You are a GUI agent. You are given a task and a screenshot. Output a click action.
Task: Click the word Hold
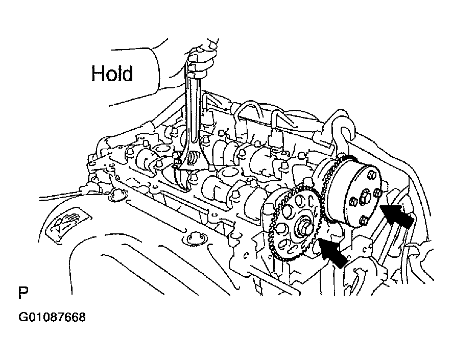112,74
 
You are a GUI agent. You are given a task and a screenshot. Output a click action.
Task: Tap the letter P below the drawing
23,293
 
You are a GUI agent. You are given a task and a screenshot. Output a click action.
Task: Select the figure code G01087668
52,317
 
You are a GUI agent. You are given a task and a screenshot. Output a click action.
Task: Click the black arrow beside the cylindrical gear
396,215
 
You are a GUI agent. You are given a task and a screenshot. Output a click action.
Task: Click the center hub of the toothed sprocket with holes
302,223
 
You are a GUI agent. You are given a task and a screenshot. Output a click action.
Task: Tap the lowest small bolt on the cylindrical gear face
364,221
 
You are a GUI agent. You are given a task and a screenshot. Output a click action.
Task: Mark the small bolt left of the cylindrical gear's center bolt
352,201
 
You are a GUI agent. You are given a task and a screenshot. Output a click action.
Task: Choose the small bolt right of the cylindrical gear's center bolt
376,192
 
